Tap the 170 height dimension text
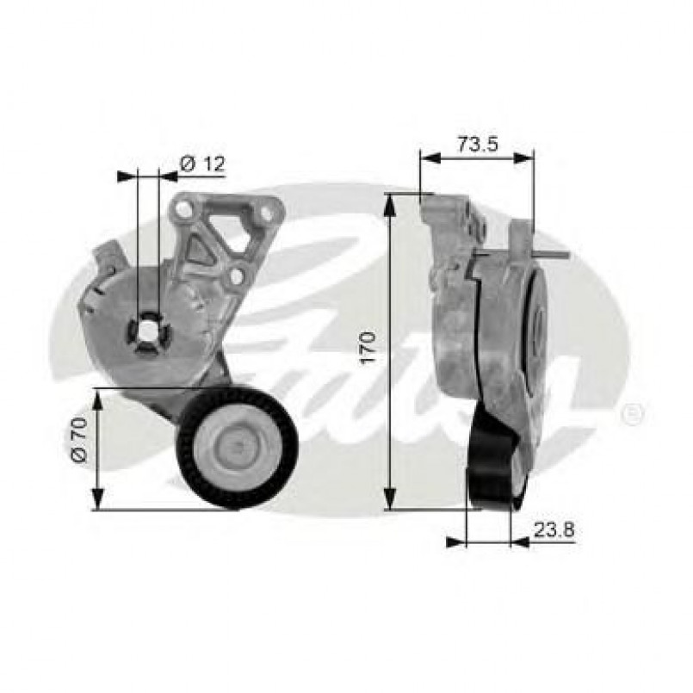(x=368, y=350)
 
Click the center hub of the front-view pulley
(x=236, y=447)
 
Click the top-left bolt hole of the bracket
(x=183, y=209)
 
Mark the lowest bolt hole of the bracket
(x=234, y=276)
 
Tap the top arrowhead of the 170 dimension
(x=390, y=201)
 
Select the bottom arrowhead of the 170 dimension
(x=390, y=501)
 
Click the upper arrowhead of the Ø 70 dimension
(x=97, y=397)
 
